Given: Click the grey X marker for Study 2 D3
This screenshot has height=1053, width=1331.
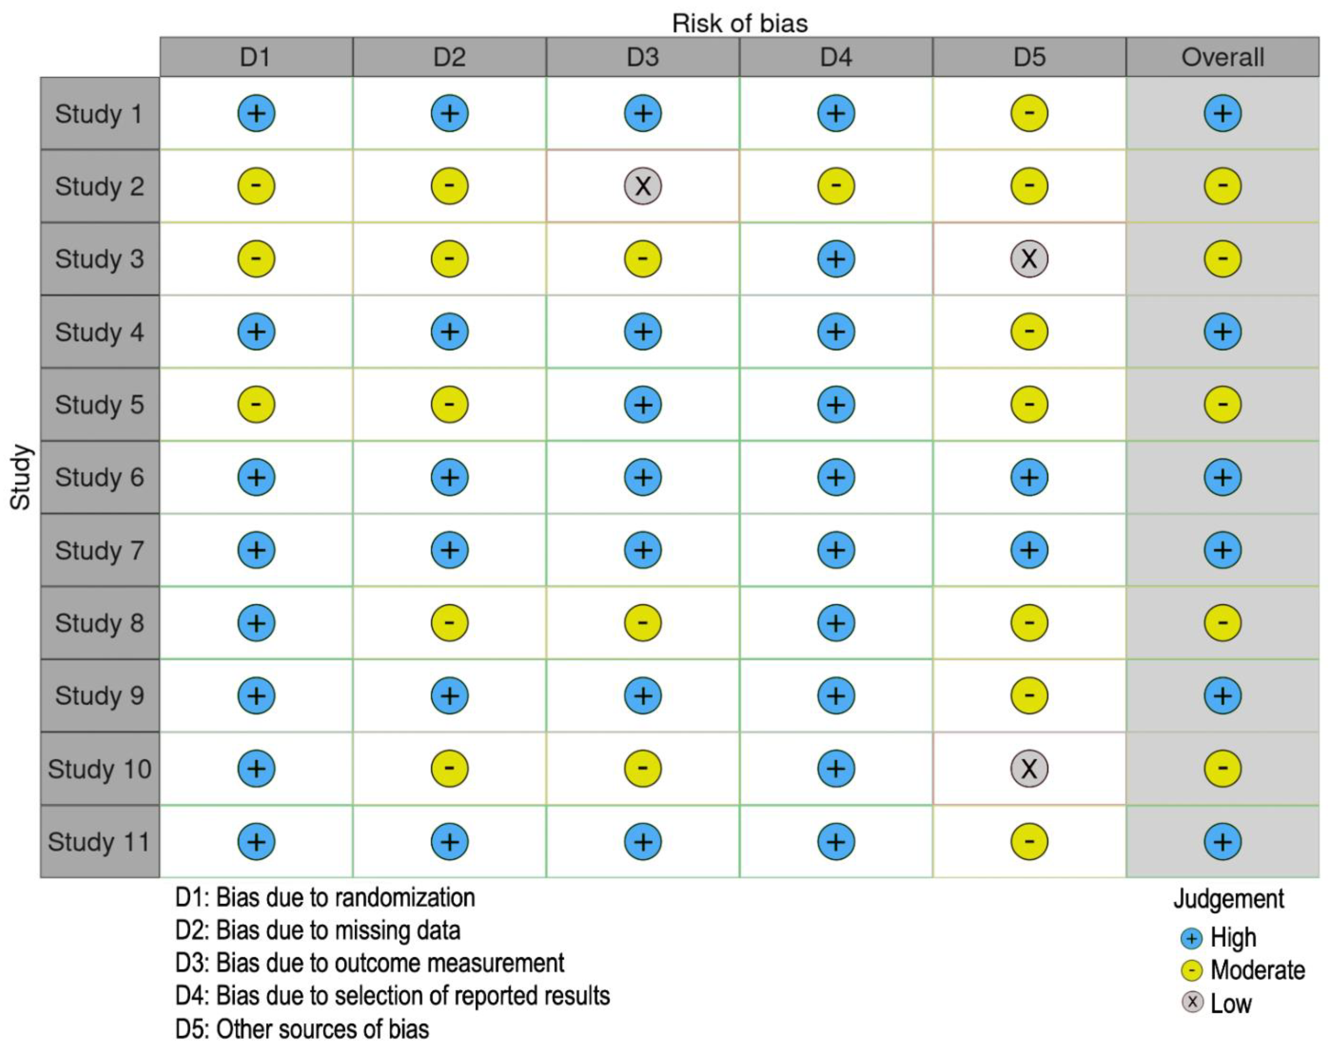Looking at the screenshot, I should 643,186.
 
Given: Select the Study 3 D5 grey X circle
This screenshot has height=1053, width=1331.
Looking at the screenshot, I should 1029,258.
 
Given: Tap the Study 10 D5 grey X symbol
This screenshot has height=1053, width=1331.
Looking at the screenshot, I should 1029,768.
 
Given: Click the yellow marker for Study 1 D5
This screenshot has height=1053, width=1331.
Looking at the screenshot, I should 1029,113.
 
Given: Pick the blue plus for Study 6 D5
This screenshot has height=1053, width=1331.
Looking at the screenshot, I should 1029,477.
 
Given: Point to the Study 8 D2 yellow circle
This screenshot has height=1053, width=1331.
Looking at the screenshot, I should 449,623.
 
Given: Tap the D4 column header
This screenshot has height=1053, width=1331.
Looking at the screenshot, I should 836,57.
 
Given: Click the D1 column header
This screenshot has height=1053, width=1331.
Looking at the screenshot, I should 255,57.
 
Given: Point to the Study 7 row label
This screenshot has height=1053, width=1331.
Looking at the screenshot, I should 99,550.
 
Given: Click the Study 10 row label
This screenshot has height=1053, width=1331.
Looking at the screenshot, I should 99,769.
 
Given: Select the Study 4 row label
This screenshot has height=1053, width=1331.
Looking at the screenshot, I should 99,332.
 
